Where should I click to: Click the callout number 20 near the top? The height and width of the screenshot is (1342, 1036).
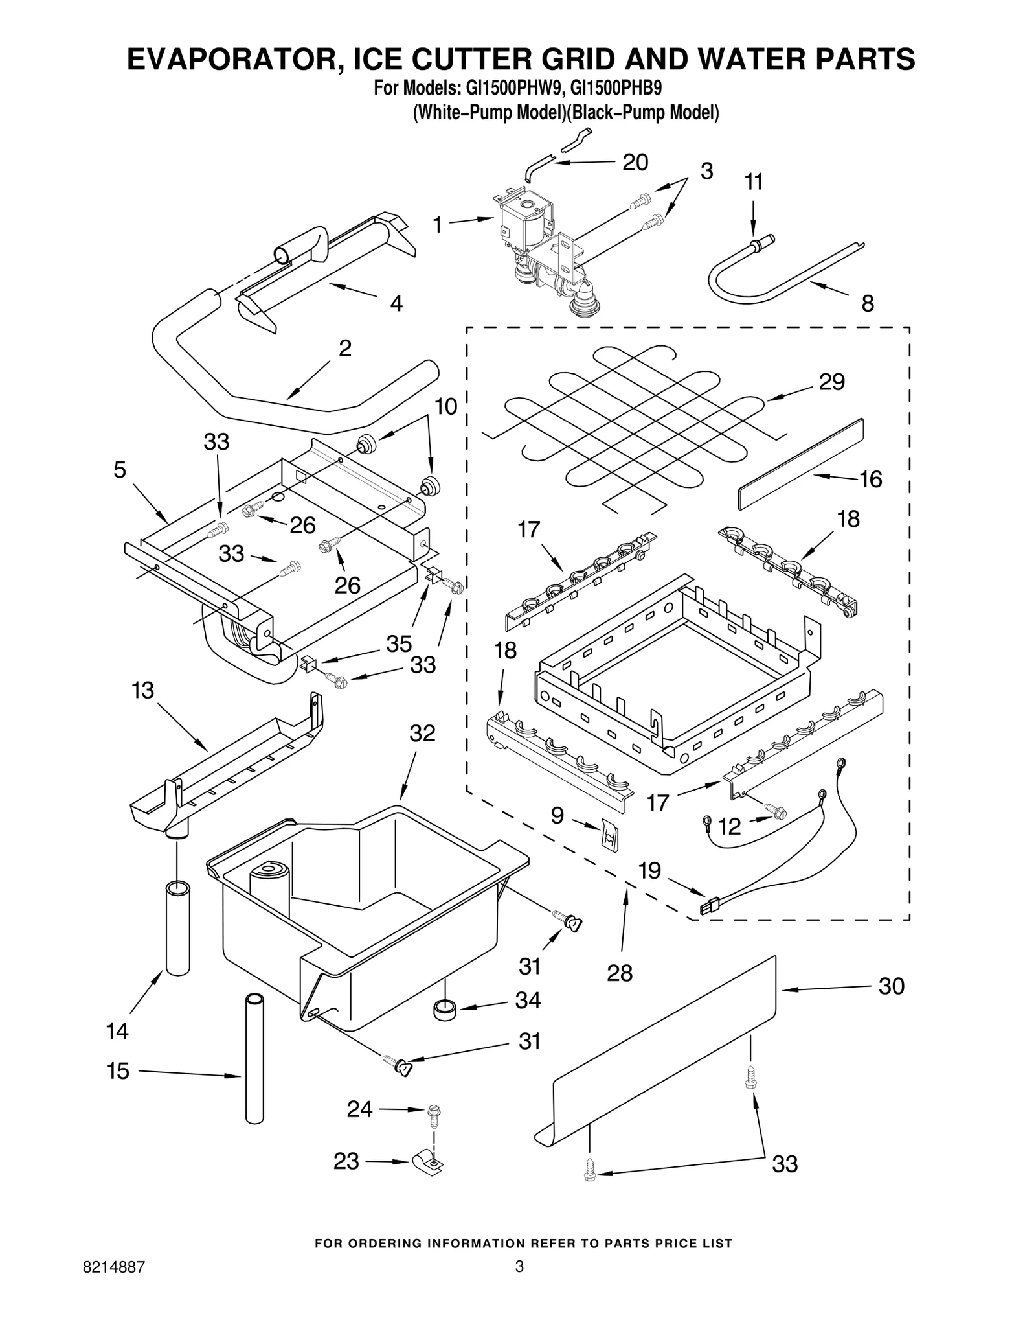[x=635, y=163]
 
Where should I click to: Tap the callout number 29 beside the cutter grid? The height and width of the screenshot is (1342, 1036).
[x=831, y=382]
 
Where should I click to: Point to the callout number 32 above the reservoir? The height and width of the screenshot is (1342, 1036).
[x=422, y=733]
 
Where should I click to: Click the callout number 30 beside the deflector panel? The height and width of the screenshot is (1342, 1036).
[x=891, y=986]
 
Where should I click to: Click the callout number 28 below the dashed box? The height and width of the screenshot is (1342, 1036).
[x=620, y=973]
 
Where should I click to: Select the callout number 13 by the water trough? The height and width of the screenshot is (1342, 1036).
[x=143, y=690]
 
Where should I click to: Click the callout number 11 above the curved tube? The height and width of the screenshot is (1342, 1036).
[x=753, y=182]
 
